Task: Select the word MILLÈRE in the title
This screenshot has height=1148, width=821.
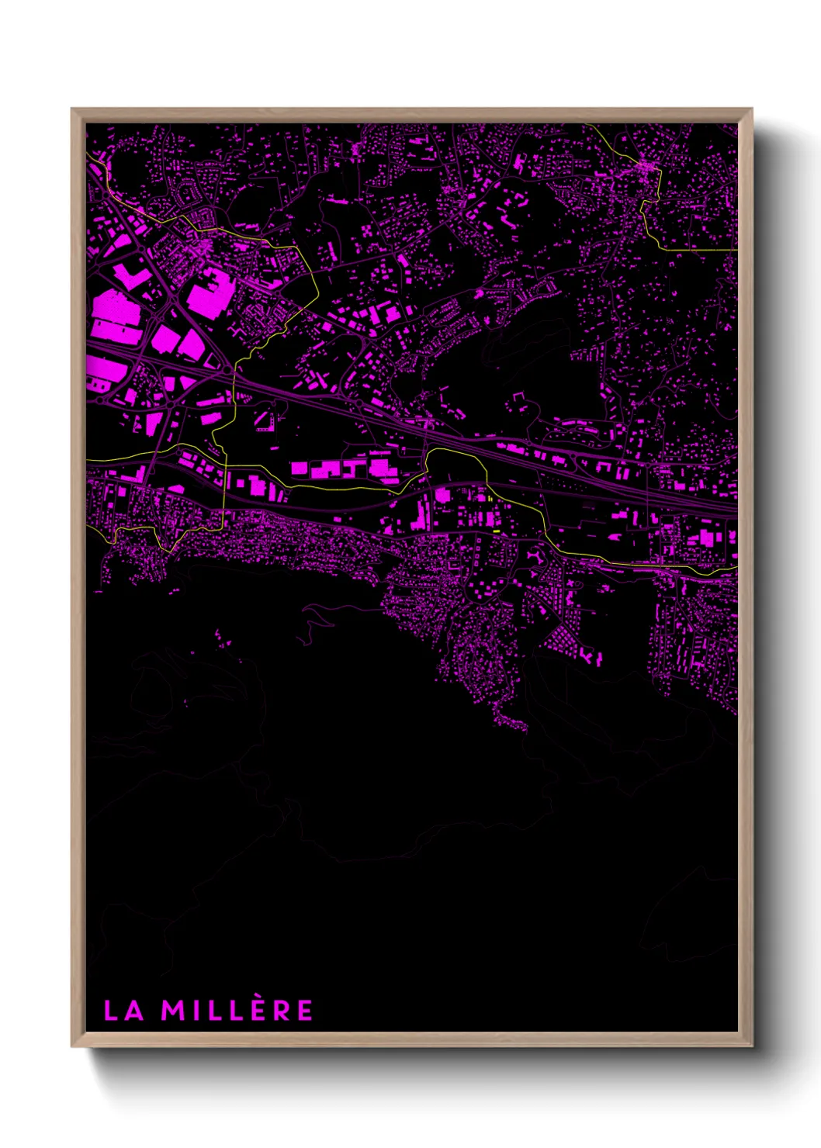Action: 237,1011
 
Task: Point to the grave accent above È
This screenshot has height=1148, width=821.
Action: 252,998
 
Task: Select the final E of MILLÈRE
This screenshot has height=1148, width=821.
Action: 305,1011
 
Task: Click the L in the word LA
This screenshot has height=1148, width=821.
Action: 111,1011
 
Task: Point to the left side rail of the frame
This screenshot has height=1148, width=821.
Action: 78,574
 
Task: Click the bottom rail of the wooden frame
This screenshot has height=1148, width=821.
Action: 411,1039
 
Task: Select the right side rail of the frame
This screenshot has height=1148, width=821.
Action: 745,574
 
